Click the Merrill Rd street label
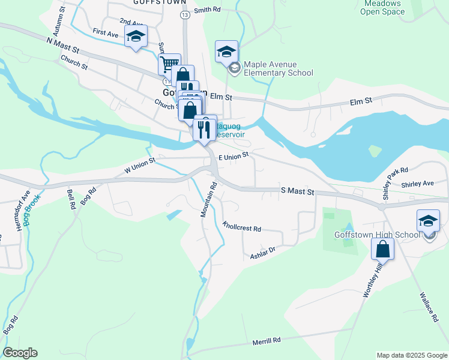pyautogui.click(x=267, y=340)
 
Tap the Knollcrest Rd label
pyautogui.click(x=242, y=228)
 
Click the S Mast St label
pyautogui.click(x=298, y=191)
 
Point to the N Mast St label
pyautogui.click(x=62, y=43)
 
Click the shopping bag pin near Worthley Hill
pyautogui.click(x=382, y=248)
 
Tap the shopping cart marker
pyautogui.click(x=169, y=63)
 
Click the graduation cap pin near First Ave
pyautogui.click(x=136, y=36)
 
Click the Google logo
pyautogui.click(x=20, y=353)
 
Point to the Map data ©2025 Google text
pyautogui.click(x=412, y=355)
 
